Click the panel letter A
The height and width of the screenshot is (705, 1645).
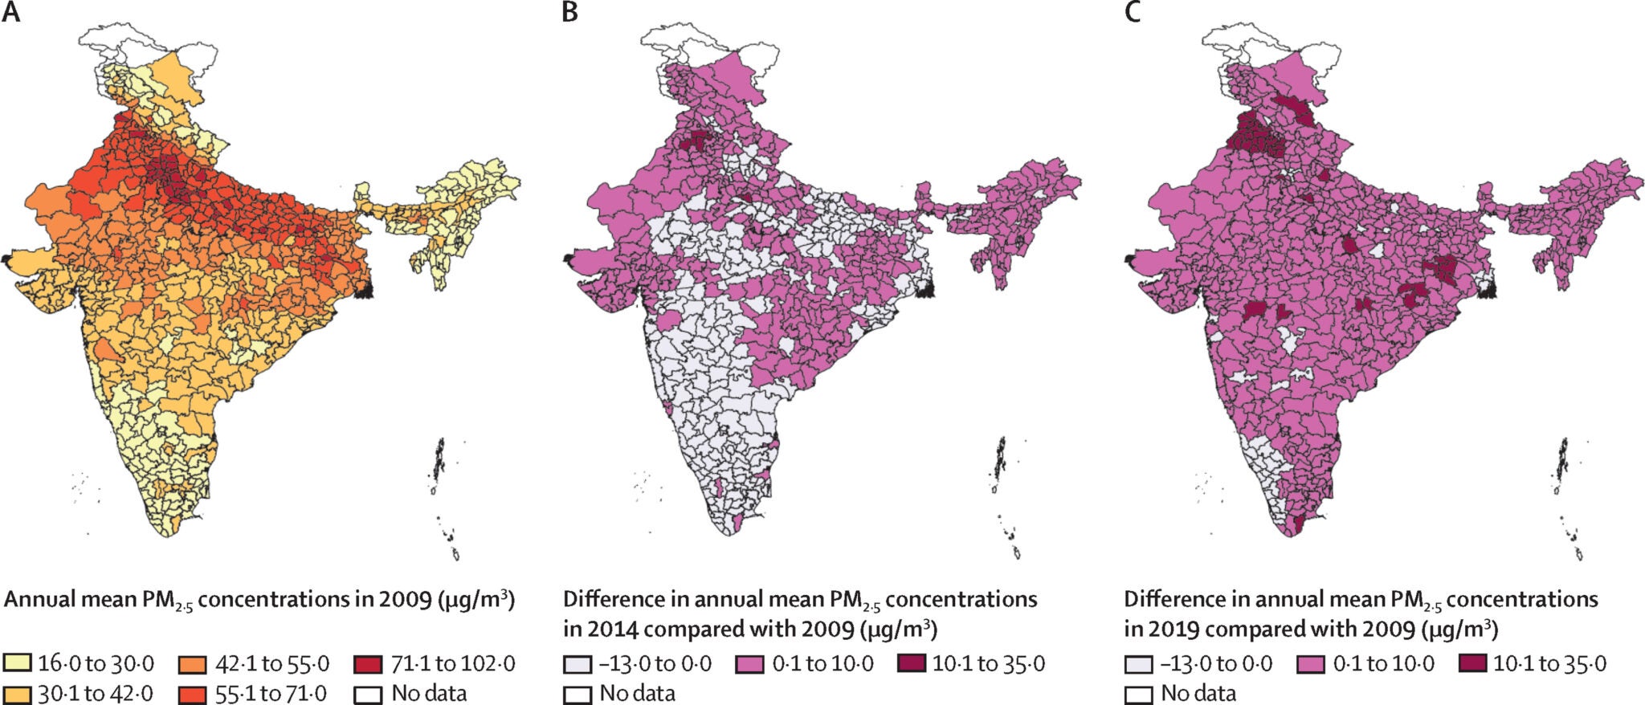11,13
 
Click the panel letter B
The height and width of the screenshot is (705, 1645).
569,13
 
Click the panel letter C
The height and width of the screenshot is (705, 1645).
1132,13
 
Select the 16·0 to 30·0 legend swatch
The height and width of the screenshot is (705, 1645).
17,663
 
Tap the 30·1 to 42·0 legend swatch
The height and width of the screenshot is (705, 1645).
17,693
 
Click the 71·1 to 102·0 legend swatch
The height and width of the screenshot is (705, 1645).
368,663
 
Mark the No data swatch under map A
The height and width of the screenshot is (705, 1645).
368,693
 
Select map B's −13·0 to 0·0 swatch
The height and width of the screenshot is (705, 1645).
578,664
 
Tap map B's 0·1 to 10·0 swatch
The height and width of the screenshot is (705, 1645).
749,664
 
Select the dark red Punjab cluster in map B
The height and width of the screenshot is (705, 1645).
696,141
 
